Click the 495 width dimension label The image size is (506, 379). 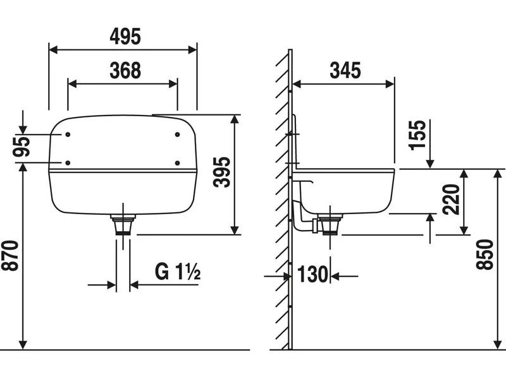125,37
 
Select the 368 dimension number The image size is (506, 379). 125,71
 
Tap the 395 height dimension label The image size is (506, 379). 222,172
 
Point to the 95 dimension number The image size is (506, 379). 22,147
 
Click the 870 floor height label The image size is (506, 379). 9,256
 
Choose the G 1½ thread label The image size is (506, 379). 178,272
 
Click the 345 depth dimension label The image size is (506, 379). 345,71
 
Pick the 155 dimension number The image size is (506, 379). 417,135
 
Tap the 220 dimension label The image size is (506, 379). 451,199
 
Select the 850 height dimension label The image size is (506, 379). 484,255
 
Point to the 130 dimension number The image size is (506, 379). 312,274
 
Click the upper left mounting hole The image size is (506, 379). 68,135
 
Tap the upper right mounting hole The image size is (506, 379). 177,135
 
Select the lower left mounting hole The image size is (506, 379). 68,163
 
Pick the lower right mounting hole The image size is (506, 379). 177,163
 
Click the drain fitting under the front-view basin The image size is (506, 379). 123,224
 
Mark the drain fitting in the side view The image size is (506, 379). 330,224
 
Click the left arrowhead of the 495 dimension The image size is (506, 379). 53,50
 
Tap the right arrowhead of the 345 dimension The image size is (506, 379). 390,85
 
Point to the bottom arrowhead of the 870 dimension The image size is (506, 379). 23,345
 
